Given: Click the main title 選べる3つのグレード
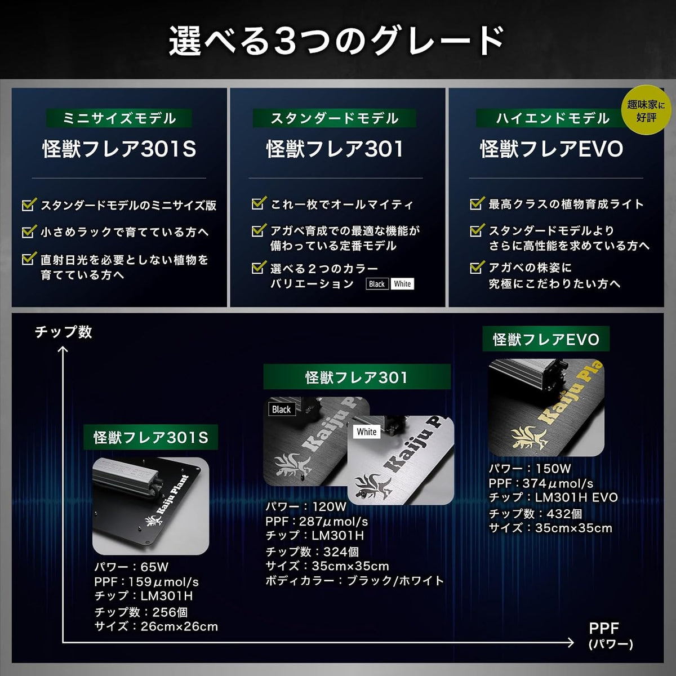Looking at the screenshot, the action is coord(337,42).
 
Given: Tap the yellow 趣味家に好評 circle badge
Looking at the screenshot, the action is coord(646,110).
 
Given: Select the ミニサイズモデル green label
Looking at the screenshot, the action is coord(119,118).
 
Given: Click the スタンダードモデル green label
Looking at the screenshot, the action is coord(334,118).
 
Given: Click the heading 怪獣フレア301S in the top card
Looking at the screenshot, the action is coord(119,149).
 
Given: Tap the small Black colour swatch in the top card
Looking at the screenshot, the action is coord(377,284).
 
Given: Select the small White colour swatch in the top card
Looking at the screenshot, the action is coord(402,284).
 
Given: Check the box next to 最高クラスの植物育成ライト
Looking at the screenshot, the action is coord(477,203).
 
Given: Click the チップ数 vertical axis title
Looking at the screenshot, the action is coord(64,332).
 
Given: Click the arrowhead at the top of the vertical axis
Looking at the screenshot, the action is coord(63,350).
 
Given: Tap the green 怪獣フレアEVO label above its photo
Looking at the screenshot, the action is coord(546,339).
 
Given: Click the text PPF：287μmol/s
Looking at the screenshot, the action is coord(317,521).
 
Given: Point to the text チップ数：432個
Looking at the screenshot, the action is coord(536,514).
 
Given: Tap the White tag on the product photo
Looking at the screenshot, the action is coord(367,432).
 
